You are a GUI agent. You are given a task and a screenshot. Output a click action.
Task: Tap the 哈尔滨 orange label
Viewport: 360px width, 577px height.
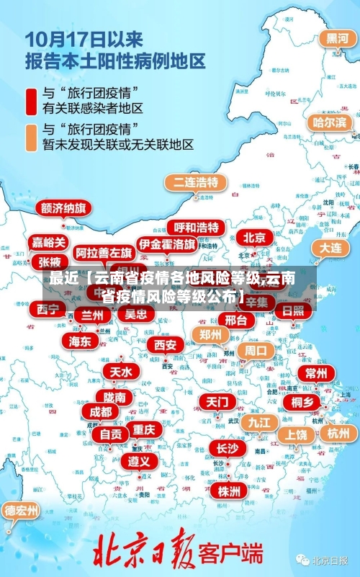click(x=329, y=122)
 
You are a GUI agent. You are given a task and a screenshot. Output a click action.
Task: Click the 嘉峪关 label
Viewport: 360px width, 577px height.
click(x=49, y=242)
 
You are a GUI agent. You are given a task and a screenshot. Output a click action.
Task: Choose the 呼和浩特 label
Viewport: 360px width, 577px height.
click(x=196, y=228)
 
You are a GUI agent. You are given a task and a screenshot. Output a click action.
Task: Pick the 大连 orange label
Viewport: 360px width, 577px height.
click(x=330, y=247)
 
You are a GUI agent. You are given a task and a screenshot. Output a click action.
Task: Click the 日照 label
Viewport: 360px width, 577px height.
click(x=293, y=311)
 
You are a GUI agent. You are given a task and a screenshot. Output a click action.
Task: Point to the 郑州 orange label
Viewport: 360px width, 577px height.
click(x=210, y=334)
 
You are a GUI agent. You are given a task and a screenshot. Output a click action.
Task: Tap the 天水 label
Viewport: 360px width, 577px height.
click(x=120, y=372)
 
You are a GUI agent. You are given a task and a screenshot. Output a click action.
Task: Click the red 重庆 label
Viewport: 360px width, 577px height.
click(x=144, y=429)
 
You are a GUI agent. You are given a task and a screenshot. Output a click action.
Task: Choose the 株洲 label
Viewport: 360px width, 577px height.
click(x=228, y=491)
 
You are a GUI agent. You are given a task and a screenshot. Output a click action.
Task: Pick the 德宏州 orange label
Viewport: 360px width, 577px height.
click(x=22, y=511)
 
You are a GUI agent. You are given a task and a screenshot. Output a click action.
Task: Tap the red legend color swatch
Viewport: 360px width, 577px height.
click(x=32, y=101)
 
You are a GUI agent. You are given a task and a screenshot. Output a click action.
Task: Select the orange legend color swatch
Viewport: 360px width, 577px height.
click(x=32, y=137)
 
